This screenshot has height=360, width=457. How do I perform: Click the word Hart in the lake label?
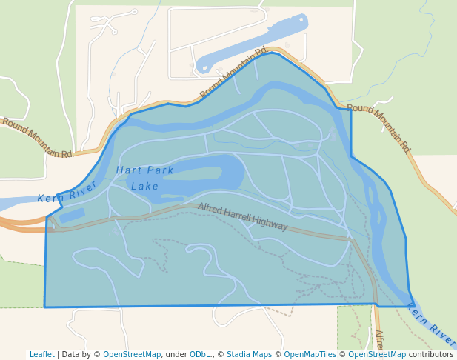[127, 170]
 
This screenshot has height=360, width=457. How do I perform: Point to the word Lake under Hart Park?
[144, 187]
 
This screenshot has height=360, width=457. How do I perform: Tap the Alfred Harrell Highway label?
[242, 216]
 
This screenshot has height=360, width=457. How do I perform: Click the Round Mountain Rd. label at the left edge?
[38, 138]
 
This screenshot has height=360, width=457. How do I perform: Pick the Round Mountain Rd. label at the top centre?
[234, 73]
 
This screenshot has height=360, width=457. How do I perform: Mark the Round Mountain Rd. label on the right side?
[378, 128]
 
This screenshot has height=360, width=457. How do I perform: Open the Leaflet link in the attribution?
[42, 354]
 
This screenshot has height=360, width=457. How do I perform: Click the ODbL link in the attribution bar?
[201, 354]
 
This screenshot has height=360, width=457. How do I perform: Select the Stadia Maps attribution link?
[249, 354]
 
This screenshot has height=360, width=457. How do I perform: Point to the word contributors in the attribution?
[431, 354]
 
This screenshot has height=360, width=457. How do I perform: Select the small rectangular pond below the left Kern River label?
[72, 216]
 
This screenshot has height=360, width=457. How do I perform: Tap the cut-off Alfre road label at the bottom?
[379, 340]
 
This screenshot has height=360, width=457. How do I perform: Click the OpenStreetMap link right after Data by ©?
[132, 354]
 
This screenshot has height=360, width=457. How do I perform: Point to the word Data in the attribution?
[71, 354]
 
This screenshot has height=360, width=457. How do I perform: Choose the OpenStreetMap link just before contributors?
[377, 354]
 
